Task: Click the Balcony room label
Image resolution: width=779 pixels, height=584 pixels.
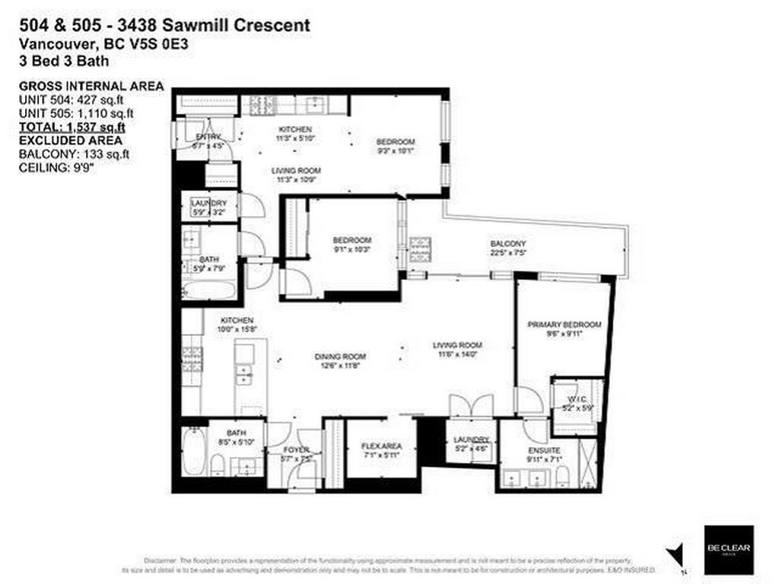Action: tap(508, 243)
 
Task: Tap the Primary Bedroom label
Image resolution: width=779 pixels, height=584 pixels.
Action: tap(564, 325)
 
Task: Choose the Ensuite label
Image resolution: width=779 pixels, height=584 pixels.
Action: tap(544, 449)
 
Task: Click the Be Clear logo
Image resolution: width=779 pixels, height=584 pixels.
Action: tap(728, 549)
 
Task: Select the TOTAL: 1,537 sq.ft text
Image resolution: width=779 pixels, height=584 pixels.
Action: tap(72, 127)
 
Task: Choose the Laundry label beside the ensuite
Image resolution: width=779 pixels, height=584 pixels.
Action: tap(470, 440)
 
